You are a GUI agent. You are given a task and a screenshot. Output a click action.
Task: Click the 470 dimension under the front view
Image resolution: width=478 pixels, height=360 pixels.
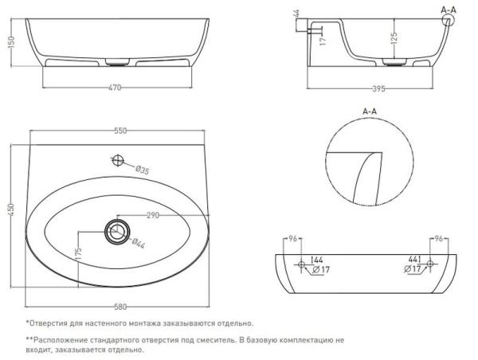tap(115, 88)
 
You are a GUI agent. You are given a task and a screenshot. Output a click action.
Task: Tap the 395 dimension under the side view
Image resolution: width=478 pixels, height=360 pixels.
tap(374, 88)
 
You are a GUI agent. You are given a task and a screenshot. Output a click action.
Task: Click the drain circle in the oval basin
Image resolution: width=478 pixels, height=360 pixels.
tap(116, 231)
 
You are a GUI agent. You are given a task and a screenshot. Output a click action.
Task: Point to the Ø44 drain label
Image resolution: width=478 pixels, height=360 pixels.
tap(136, 243)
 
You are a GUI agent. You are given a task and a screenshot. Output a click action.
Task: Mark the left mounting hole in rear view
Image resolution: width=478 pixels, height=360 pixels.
tap(301, 264)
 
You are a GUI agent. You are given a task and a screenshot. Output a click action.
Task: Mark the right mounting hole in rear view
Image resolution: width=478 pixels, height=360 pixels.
tap(431, 264)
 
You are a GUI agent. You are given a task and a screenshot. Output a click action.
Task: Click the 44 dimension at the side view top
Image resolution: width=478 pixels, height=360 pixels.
tap(296, 14)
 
